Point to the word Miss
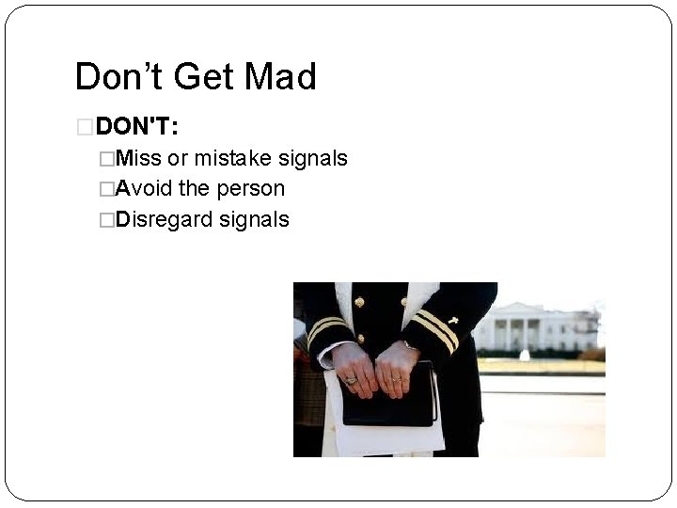[140, 158]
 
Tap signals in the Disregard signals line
[256, 220]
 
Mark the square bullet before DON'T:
[84, 126]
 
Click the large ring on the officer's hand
[351, 380]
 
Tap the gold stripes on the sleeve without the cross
[326, 327]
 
